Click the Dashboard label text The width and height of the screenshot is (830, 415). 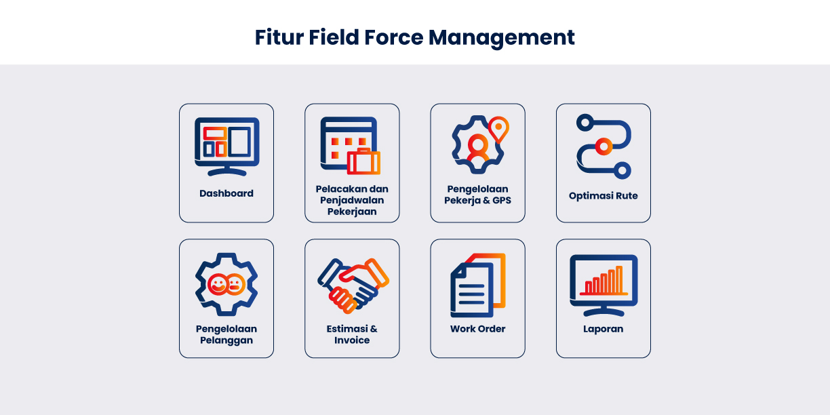pos(226,193)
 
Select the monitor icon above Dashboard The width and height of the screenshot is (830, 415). pos(226,143)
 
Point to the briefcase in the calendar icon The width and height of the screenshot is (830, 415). pos(363,161)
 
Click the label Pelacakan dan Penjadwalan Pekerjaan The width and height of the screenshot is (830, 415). pos(352,200)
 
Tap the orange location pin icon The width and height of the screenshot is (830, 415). pos(498,129)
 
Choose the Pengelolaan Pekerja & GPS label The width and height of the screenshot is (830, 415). pos(477,195)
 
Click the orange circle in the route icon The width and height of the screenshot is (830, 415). pos(602,145)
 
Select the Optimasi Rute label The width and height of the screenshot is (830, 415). pos(604,196)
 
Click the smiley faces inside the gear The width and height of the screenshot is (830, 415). pos(226,284)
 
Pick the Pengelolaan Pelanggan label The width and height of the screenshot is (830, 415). pos(226,334)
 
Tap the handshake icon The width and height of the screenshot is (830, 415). pos(353,284)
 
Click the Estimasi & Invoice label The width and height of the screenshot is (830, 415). pos(352,334)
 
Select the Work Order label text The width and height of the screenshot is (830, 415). pos(477,329)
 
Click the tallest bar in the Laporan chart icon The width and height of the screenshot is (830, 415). pos(618,279)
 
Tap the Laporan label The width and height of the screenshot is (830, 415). pos(604,329)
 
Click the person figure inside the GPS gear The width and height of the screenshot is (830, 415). pos(478,149)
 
